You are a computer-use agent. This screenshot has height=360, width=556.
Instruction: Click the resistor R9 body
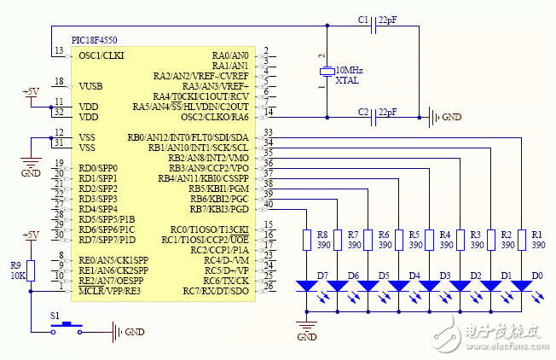click(31, 270)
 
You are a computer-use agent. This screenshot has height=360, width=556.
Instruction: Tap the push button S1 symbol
click(67, 329)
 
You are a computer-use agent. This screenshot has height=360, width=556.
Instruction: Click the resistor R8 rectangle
click(307, 240)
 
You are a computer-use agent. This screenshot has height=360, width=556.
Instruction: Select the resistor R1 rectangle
click(521, 240)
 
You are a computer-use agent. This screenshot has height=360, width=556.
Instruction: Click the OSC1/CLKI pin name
click(102, 55)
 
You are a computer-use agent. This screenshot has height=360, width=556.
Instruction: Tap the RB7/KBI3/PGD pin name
click(217, 209)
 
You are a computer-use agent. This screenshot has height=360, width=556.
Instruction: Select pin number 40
click(269, 204)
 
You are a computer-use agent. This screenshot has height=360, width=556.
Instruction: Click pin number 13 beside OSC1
click(57, 51)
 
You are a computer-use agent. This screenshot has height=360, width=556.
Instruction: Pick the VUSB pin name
click(91, 86)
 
